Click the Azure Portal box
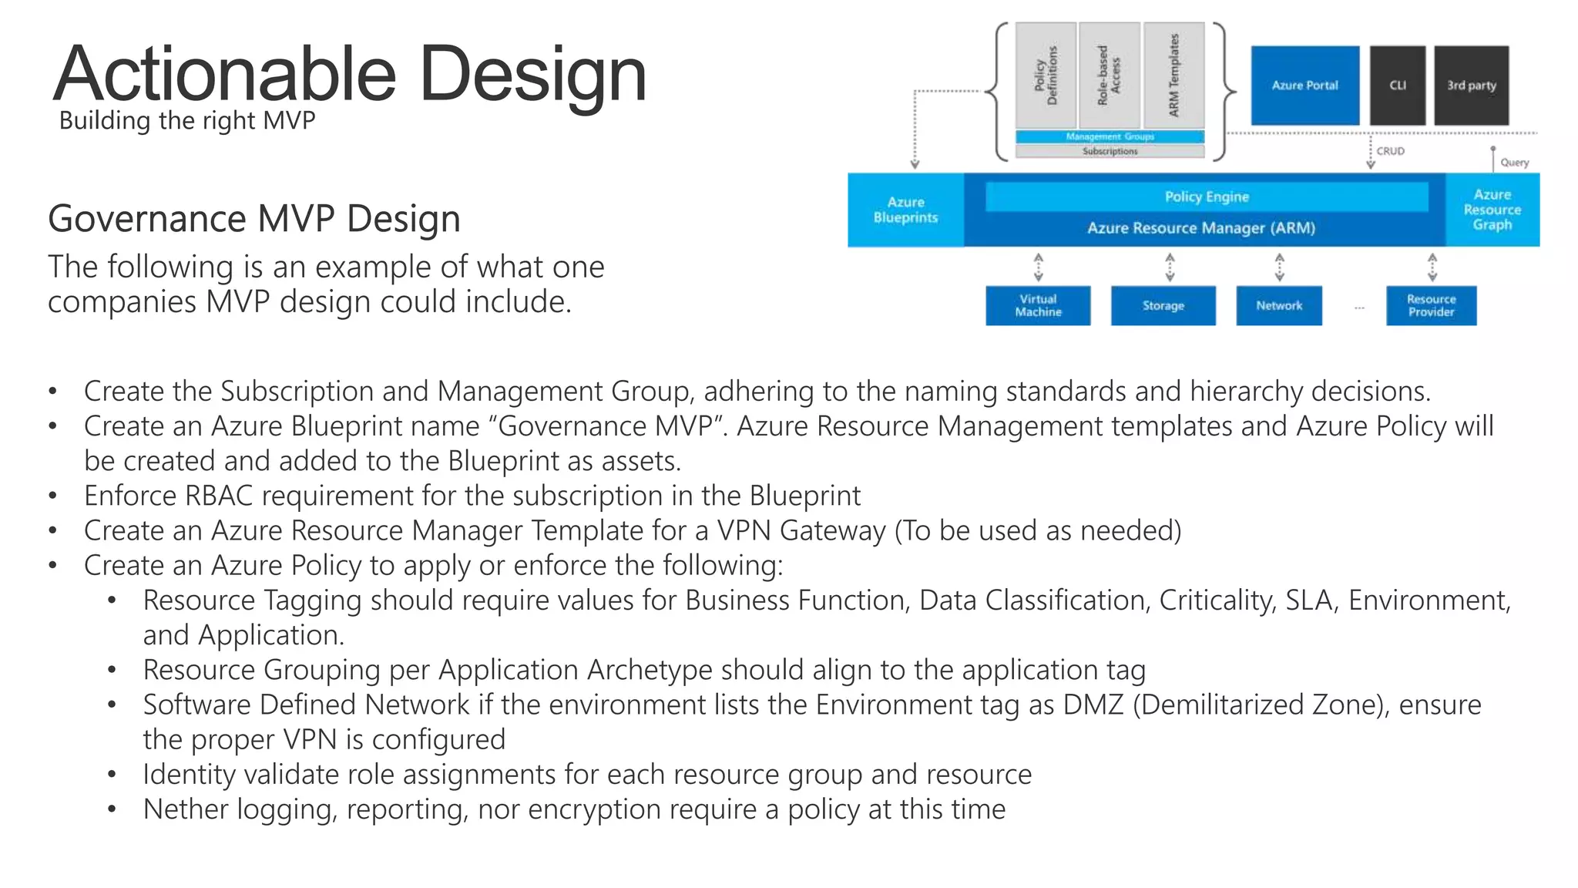(x=1304, y=86)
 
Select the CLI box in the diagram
(x=1397, y=86)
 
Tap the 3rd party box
(x=1471, y=86)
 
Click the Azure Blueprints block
(x=905, y=210)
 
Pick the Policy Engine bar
(x=1206, y=197)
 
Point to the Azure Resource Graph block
(x=1492, y=210)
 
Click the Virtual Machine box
(x=1038, y=306)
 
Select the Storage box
(x=1163, y=306)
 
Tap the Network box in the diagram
(x=1279, y=306)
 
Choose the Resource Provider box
(x=1431, y=306)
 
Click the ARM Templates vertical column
(x=1173, y=75)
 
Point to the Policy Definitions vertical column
(x=1046, y=75)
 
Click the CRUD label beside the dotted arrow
(x=1390, y=151)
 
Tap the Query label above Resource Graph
(x=1514, y=163)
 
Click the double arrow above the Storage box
(x=1170, y=267)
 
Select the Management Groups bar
(x=1110, y=136)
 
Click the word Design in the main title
(x=533, y=75)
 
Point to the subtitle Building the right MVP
(x=187, y=121)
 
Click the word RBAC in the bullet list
(x=219, y=496)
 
